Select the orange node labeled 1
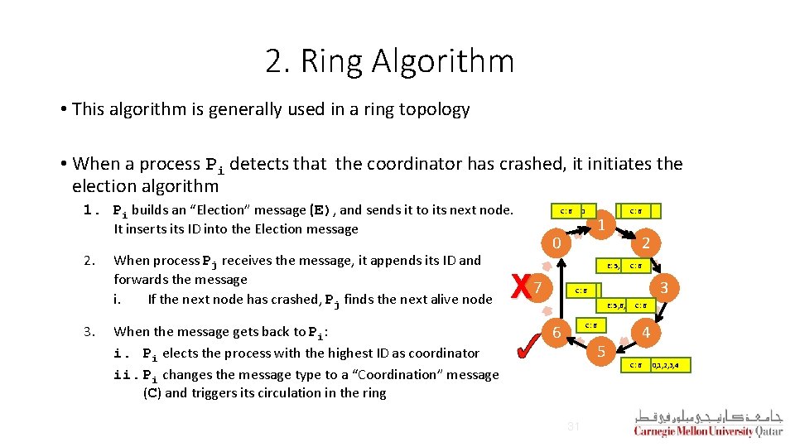pyautogui.click(x=604, y=223)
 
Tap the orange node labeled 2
pyautogui.click(x=646, y=243)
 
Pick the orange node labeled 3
pyautogui.click(x=663, y=287)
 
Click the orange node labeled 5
pyautogui.click(x=601, y=351)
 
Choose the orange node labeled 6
pyautogui.click(x=557, y=331)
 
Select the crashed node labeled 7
pyautogui.click(x=539, y=287)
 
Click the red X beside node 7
pyautogui.click(x=519, y=287)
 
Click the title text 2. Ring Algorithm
pyautogui.click(x=389, y=61)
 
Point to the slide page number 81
pyautogui.click(x=572, y=426)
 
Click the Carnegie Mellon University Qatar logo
pyautogui.click(x=707, y=422)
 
